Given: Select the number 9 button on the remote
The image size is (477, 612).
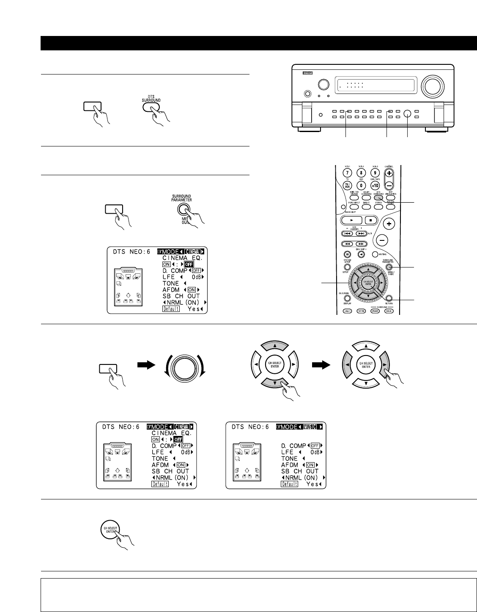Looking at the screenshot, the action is coord(374,173).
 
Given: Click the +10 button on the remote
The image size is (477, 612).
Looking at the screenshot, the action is coord(374,185).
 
